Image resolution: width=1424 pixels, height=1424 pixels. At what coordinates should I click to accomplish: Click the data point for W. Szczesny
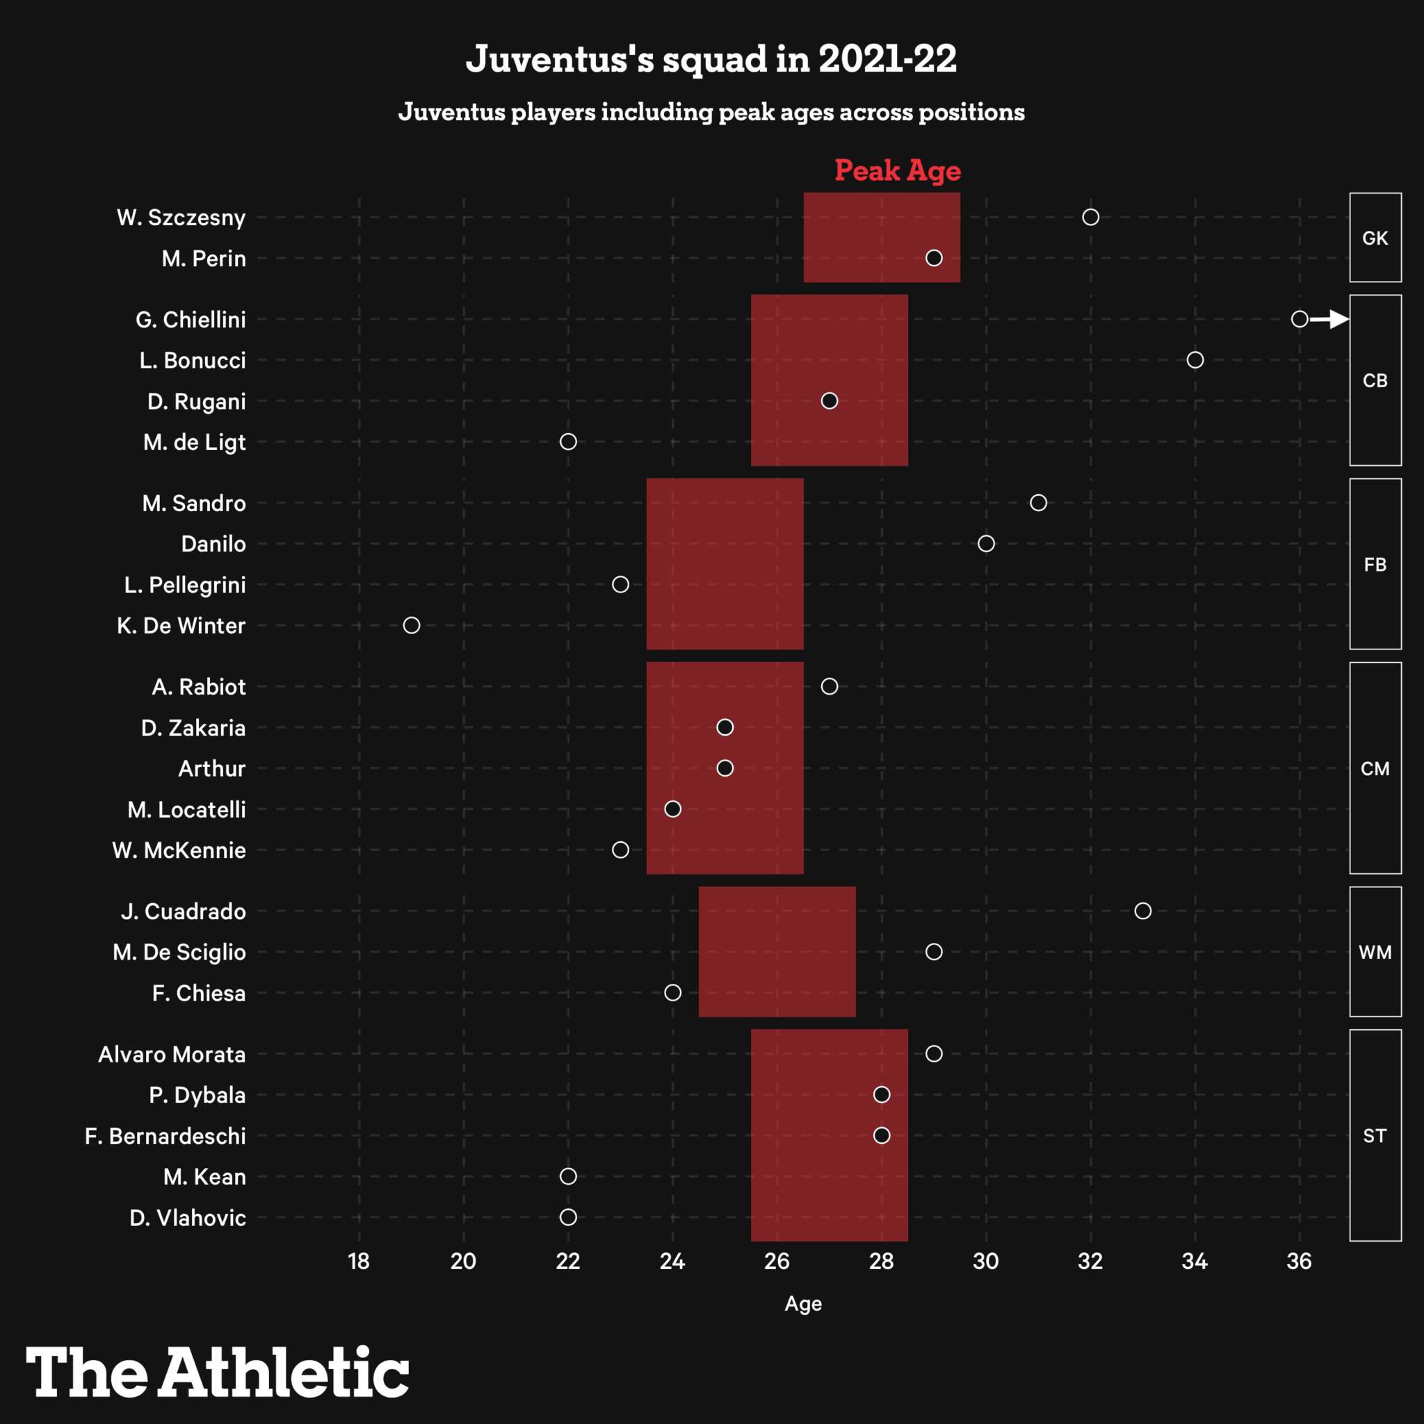tap(1090, 217)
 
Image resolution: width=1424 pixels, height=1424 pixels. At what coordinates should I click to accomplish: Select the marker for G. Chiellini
tap(1300, 319)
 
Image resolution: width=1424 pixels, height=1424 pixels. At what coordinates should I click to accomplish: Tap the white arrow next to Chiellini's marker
tap(1329, 319)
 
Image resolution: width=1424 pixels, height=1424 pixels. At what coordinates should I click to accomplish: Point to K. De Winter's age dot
tap(412, 625)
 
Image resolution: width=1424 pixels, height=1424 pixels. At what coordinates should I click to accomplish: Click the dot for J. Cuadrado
tap(1142, 911)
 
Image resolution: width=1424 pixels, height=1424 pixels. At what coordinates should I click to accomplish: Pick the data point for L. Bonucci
tap(1195, 359)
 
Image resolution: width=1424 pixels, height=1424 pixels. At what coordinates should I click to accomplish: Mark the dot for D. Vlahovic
tap(567, 1217)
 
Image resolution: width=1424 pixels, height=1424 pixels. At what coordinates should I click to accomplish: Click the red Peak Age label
tap(897, 170)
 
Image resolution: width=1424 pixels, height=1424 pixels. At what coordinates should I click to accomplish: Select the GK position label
tap(1375, 238)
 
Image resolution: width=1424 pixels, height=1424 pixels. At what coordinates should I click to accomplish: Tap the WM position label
tap(1375, 953)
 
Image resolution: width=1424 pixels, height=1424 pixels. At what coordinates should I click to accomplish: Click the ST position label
tap(1375, 1136)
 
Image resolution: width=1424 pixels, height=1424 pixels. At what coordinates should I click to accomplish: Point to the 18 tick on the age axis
tap(359, 1261)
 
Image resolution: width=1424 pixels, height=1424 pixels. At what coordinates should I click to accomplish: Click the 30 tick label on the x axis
tap(985, 1261)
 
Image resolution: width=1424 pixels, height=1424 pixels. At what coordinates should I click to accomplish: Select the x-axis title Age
tap(802, 1304)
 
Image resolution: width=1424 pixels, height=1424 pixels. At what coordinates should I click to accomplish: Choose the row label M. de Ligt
tap(195, 442)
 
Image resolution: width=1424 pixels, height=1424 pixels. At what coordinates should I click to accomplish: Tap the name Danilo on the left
tap(213, 544)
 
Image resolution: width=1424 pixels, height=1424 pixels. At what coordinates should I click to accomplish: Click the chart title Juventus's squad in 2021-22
tap(711, 59)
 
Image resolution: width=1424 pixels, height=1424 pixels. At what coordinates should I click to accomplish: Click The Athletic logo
tap(218, 1372)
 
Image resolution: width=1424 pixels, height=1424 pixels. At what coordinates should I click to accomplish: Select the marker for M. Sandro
tap(1038, 503)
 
